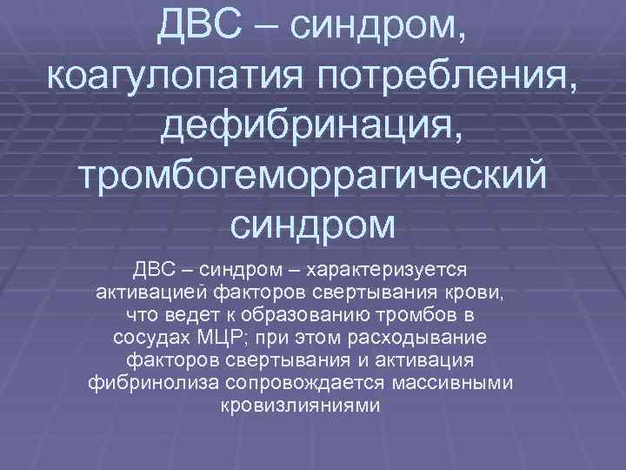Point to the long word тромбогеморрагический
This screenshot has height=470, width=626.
(313, 177)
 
